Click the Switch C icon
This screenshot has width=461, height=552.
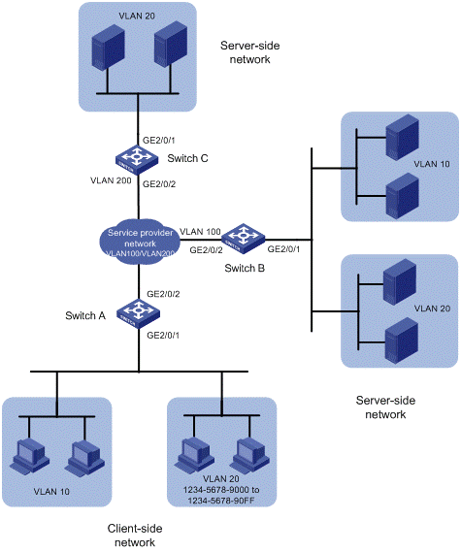pos(137,160)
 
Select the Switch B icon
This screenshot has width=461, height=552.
pos(243,239)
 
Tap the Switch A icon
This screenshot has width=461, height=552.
pos(138,313)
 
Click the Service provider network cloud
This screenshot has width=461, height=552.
pos(140,243)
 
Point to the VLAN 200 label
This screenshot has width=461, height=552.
pos(111,180)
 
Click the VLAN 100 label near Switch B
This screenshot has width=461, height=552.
pos(200,232)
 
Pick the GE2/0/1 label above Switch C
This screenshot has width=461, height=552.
pos(159,140)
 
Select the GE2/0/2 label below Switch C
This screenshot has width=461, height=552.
pos(159,183)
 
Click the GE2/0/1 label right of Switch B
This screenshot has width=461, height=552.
pos(283,249)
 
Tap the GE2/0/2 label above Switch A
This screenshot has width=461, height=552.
pos(163,294)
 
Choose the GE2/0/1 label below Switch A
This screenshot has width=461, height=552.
pos(163,335)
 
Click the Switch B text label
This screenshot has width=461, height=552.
pos(245,269)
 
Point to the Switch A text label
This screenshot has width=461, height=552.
pos(85,315)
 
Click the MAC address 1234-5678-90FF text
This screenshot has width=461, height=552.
pos(221,501)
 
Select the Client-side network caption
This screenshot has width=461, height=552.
pos(135,536)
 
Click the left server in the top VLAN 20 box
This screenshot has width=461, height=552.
pos(108,48)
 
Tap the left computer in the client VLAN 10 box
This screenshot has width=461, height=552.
pos(29,455)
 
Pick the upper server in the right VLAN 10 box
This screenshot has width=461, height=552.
pos(403,138)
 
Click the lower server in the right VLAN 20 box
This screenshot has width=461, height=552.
pos(402,341)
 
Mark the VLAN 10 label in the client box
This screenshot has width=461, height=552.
pos(51,492)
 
